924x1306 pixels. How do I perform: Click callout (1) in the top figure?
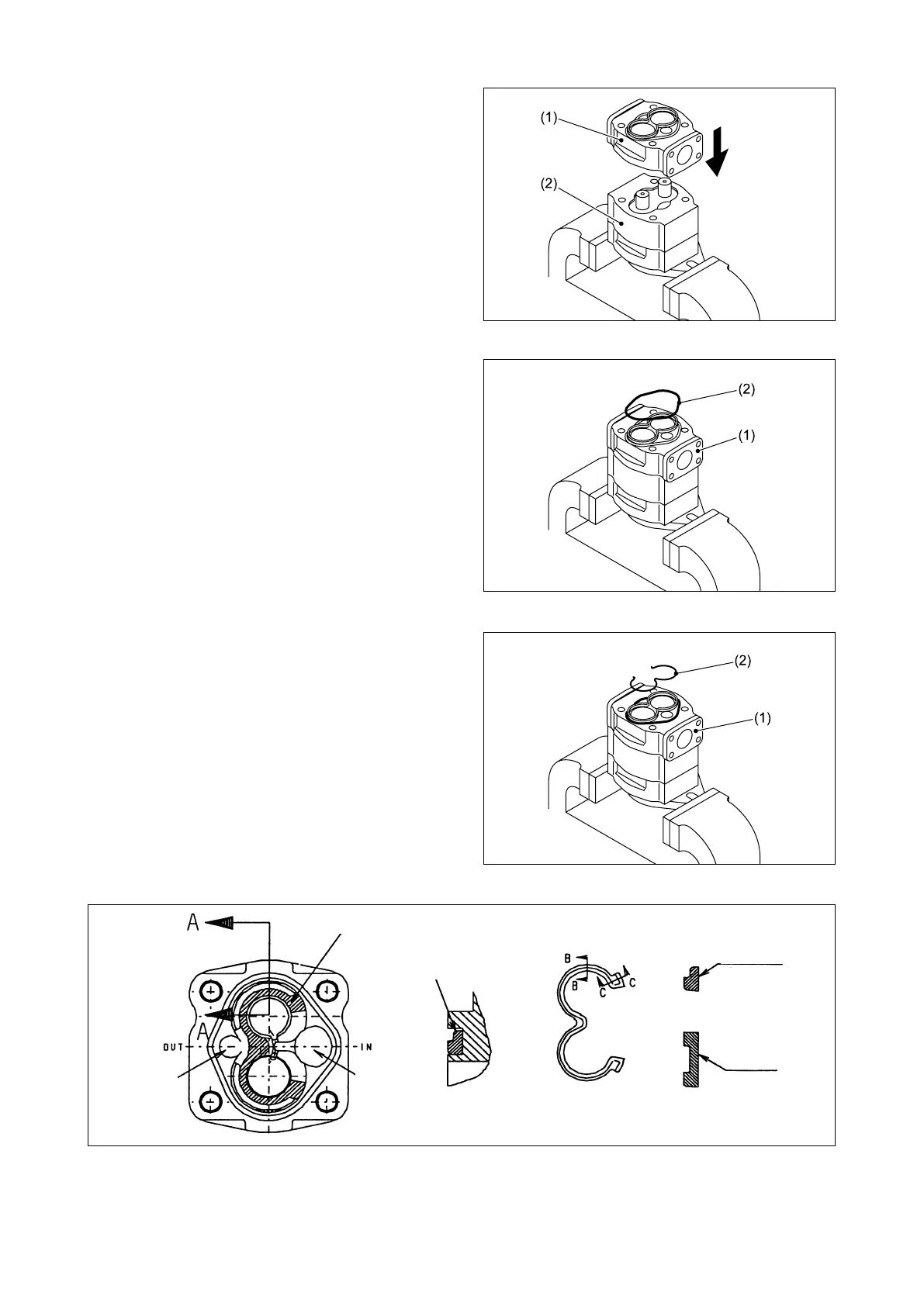point(549,119)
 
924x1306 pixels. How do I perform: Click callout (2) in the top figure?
point(549,186)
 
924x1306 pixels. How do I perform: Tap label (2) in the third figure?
point(742,661)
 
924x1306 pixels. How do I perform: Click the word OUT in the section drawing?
point(172,1047)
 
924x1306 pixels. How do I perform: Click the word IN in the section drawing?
point(367,1047)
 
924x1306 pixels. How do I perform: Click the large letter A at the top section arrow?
point(192,921)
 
